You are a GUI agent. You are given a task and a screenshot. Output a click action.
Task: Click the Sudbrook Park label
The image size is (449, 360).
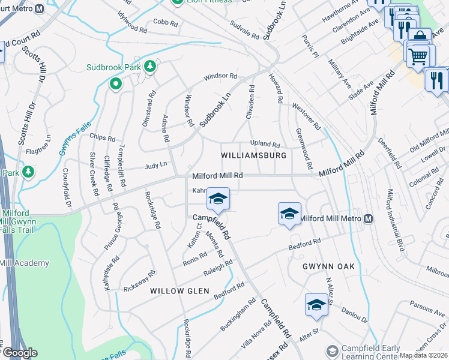tap(113, 67)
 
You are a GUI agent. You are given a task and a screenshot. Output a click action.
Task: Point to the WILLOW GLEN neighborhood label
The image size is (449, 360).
tap(179, 291)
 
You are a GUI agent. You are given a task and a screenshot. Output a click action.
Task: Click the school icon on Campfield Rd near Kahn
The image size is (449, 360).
tap(218, 199)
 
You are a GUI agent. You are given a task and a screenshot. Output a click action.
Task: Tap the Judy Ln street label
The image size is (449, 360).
tap(155, 165)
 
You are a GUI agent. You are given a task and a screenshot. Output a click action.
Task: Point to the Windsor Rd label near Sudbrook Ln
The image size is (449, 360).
tap(220, 77)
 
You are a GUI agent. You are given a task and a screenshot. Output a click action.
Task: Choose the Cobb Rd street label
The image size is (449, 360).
tap(166, 23)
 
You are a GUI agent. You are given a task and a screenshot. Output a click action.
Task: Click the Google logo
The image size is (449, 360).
tap(20, 352)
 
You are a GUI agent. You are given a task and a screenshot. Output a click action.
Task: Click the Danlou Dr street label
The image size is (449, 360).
tap(354, 314)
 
